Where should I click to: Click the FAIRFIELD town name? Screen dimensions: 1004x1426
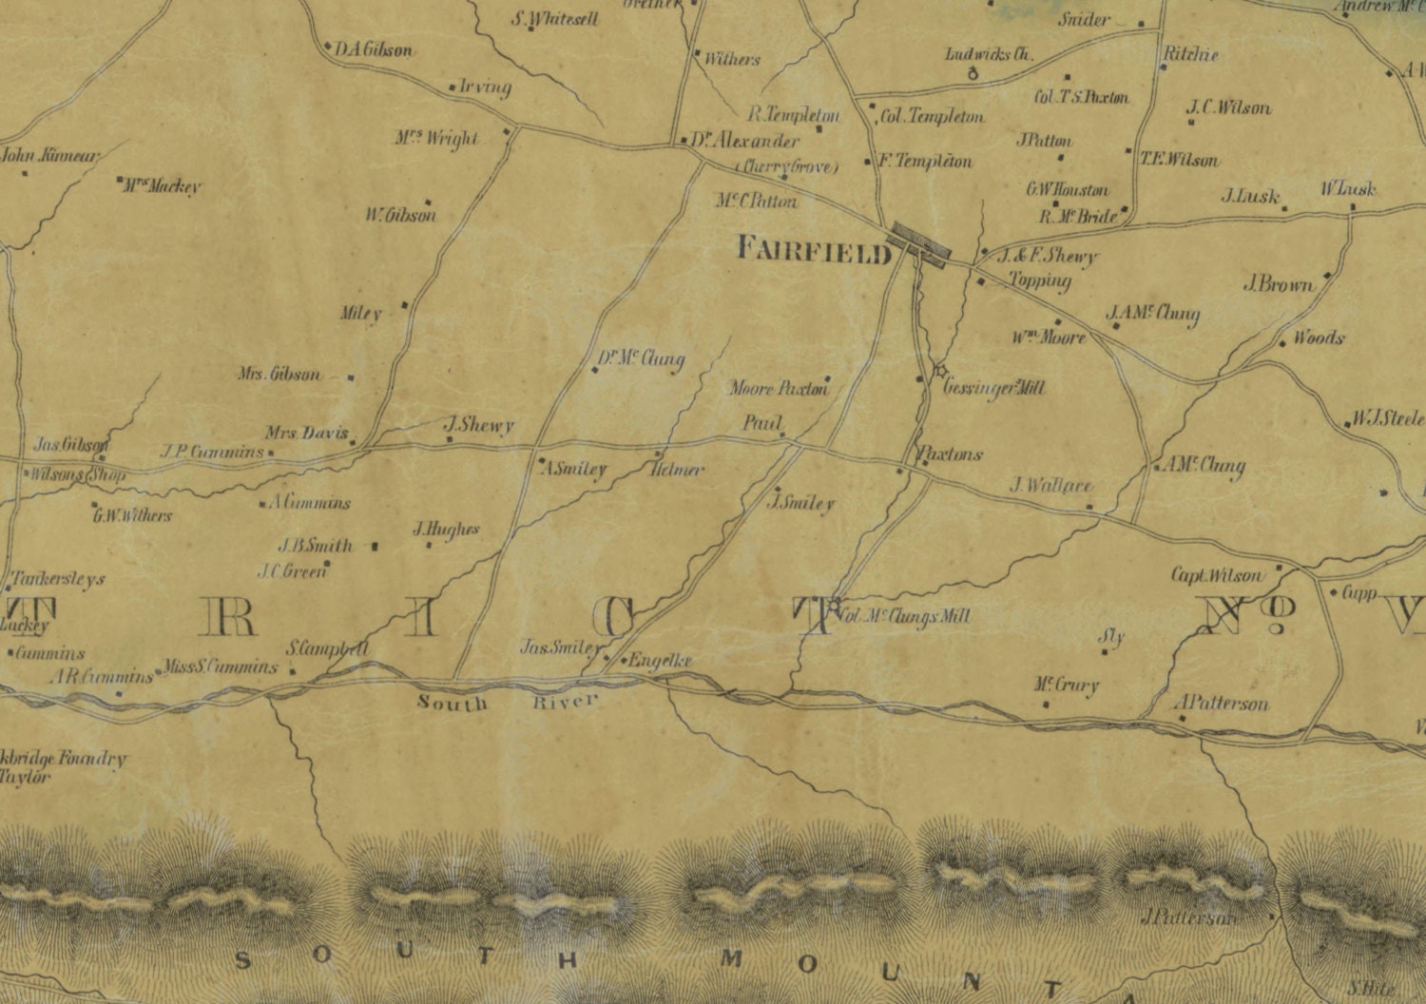pyautogui.click(x=815, y=250)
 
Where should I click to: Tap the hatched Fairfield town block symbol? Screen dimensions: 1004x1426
pyautogui.click(x=919, y=244)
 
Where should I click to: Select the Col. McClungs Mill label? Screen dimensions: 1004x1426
pyautogui.click(x=904, y=617)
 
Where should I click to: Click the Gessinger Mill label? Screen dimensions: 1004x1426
pyautogui.click(x=993, y=388)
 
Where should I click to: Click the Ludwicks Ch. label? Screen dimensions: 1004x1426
pyautogui.click(x=988, y=55)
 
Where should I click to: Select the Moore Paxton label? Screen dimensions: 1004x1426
pyautogui.click(x=779, y=388)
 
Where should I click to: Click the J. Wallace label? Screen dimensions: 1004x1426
pyautogui.click(x=1050, y=485)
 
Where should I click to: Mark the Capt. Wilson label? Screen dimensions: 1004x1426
pyautogui.click(x=1217, y=575)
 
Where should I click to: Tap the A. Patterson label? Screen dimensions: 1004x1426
pyautogui.click(x=1222, y=704)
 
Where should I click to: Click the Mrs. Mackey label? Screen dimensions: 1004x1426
pyautogui.click(x=162, y=186)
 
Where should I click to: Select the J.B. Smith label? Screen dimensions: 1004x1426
pyautogui.click(x=315, y=546)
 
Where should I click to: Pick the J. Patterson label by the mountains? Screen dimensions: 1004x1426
pyautogui.click(x=1189, y=917)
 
